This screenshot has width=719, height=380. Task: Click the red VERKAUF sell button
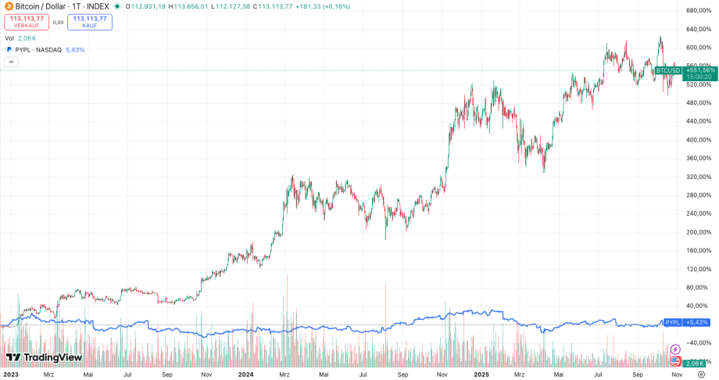[26, 21]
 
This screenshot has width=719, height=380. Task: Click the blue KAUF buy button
[89, 21]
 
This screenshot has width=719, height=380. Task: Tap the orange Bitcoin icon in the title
[9, 6]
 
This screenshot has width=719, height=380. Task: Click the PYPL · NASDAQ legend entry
[39, 49]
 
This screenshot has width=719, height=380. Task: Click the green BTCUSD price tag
[667, 70]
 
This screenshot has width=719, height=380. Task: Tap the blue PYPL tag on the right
[672, 322]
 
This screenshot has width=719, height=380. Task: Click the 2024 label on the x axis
[245, 375]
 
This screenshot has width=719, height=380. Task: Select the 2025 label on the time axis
[481, 375]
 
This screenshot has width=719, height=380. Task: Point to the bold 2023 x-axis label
[10, 375]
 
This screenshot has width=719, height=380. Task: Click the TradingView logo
[44, 358]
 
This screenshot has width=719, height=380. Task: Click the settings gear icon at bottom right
[701, 375]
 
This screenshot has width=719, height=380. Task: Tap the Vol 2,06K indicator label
[20, 38]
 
